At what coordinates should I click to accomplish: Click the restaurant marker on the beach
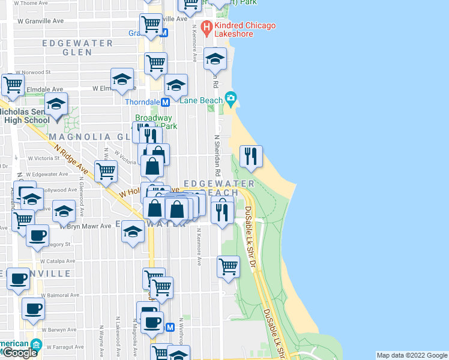pyautogui.click(x=251, y=157)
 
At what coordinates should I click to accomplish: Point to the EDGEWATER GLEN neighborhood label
pyautogui.click(x=77, y=47)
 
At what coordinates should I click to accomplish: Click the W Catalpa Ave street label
pyautogui.click(x=58, y=262)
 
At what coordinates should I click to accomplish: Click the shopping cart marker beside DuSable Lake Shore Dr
pyautogui.click(x=228, y=266)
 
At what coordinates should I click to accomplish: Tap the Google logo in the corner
pyautogui.click(x=19, y=353)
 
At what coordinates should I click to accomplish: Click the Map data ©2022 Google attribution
pyautogui.click(x=412, y=355)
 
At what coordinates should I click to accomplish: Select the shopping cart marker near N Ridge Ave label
pyautogui.click(x=106, y=171)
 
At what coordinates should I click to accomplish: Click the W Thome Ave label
pyautogui.click(x=33, y=3)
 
